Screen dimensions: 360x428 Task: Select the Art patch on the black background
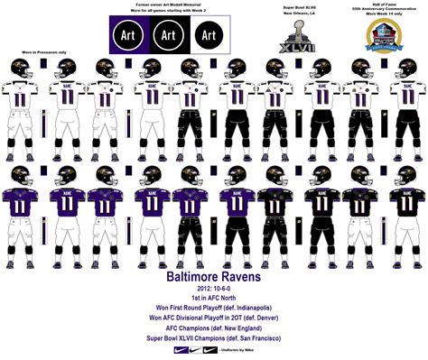168,34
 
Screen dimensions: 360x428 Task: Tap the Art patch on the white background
209,34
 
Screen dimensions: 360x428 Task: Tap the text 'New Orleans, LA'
298,15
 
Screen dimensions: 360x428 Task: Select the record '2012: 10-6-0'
212,283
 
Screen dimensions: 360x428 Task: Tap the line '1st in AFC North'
212,296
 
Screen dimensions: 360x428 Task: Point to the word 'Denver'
268,319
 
